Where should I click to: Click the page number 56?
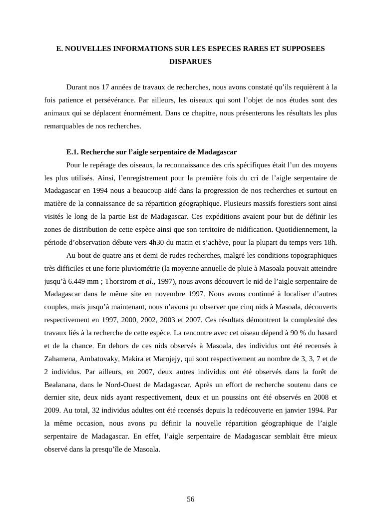[x=190, y=499]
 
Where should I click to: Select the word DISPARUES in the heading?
[x=190, y=62]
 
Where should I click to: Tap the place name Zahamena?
[x=58, y=359]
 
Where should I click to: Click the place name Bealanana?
[x=61, y=385]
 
